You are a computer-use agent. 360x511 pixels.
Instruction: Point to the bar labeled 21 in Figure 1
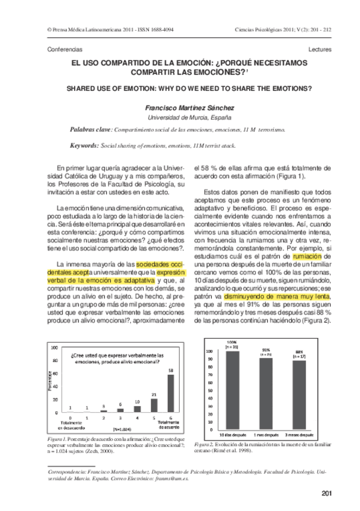(154, 404)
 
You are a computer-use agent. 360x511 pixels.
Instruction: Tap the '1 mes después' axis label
(266, 435)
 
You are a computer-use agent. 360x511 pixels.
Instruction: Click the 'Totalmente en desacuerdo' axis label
(72, 423)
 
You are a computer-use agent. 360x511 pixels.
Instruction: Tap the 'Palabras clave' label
(90, 129)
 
